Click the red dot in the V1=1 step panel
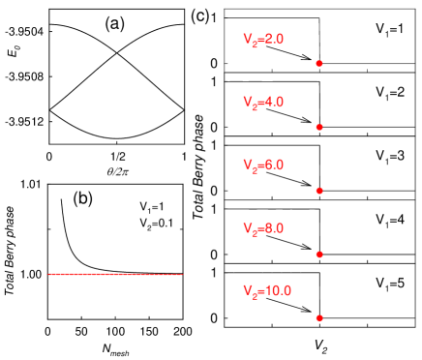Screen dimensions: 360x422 [x=319, y=63]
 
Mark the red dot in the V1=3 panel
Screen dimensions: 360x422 [x=319, y=190]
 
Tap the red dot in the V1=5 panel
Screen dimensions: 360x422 [x=319, y=317]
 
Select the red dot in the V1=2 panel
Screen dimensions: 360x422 [x=319, y=127]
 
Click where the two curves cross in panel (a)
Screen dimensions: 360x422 [x=117, y=53]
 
